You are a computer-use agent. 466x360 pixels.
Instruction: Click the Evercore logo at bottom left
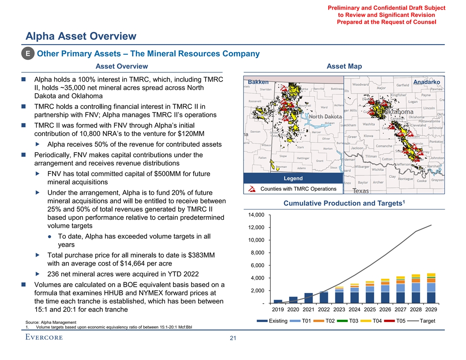click(x=44, y=337)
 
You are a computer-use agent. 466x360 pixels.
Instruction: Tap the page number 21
click(x=233, y=338)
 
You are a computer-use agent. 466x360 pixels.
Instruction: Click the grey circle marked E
click(x=28, y=54)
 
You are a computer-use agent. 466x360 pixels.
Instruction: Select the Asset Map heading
click(x=344, y=66)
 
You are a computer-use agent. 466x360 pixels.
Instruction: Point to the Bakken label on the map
click(x=259, y=82)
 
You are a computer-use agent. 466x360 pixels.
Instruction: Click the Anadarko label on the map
click(x=427, y=82)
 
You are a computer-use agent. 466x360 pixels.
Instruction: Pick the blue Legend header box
click(x=290, y=178)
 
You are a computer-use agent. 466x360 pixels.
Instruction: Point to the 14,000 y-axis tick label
click(x=256, y=215)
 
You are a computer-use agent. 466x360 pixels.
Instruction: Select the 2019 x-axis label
click(x=278, y=309)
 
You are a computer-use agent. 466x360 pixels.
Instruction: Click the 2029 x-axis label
click(x=431, y=309)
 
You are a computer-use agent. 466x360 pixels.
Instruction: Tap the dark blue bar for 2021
click(x=309, y=298)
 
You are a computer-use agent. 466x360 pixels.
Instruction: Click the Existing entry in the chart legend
click(x=278, y=321)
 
